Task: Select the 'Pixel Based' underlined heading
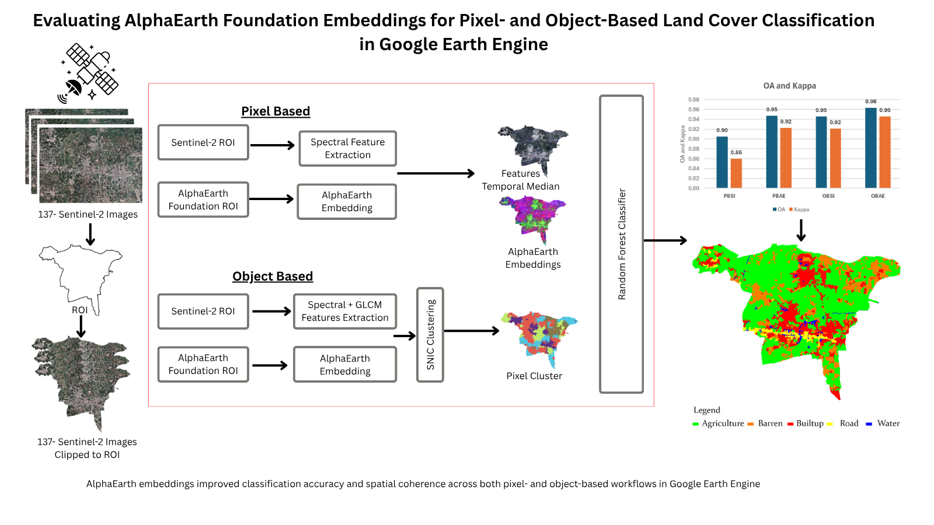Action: [276, 111]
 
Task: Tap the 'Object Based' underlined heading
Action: [273, 276]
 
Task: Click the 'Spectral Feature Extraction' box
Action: [347, 149]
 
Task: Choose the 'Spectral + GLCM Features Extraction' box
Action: [344, 311]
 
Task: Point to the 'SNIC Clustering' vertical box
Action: [430, 335]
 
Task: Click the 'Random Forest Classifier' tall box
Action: [621, 244]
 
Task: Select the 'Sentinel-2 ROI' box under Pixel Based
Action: [203, 142]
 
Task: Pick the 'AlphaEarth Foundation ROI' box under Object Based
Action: [203, 365]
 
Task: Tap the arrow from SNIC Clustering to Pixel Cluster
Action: [472, 331]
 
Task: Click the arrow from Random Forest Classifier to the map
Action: [665, 240]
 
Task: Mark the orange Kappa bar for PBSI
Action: [736, 173]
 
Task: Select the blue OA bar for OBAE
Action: [870, 148]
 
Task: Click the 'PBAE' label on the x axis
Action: [779, 196]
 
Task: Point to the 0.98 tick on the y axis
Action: [693, 100]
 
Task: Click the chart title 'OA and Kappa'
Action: [789, 86]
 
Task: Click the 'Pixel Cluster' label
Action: [534, 376]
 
